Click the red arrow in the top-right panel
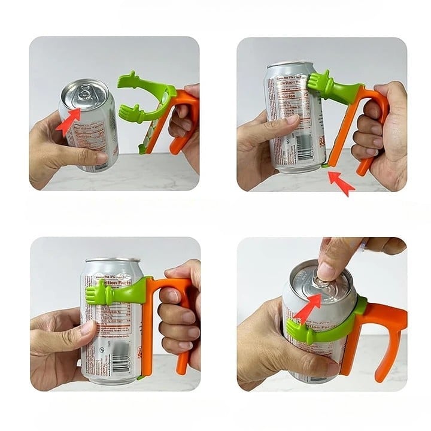point(342,183)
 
